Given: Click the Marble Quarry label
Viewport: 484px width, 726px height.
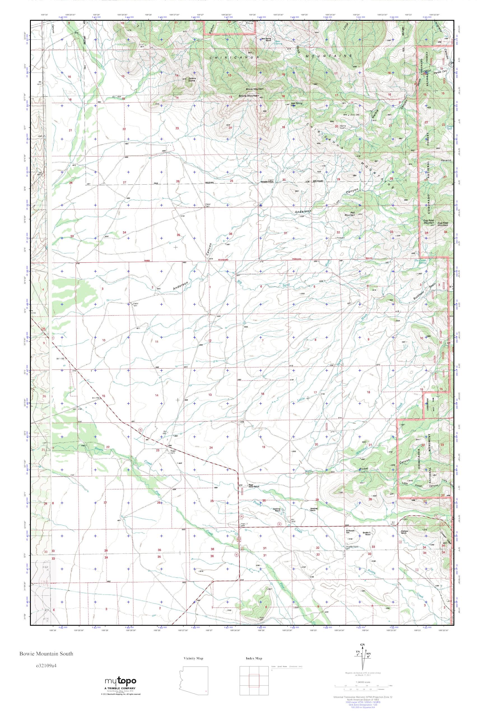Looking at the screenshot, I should [x=343, y=127].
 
